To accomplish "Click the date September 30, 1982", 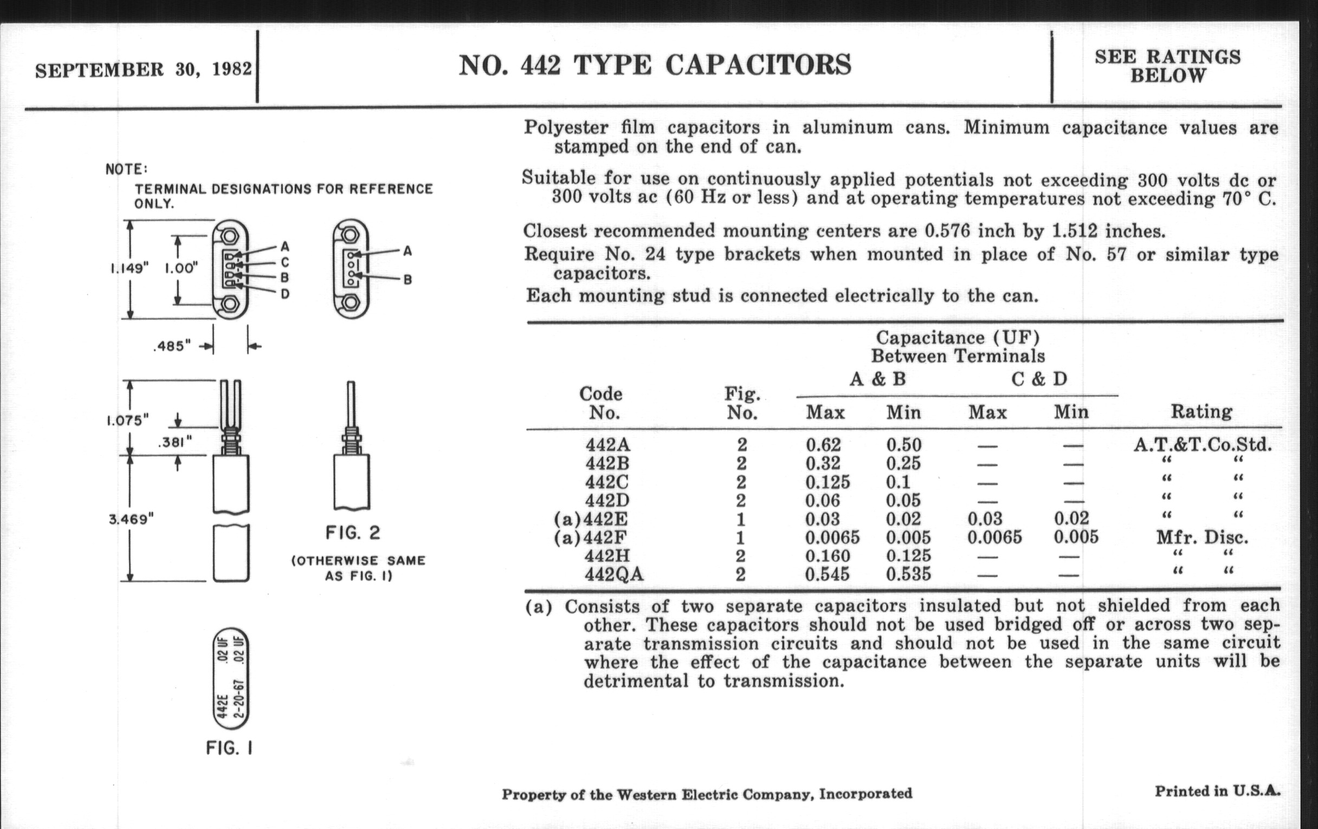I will tap(144, 69).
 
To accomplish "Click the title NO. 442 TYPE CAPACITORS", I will tap(655, 65).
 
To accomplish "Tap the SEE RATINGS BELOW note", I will tap(1167, 66).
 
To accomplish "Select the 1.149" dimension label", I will tap(129, 269).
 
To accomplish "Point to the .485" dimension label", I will tap(172, 346).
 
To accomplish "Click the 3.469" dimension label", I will tap(131, 518).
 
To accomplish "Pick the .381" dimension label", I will tap(175, 442).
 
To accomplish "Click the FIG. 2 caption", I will tap(352, 533).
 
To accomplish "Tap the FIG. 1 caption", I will tap(229, 748).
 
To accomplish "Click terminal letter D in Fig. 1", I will tap(285, 294).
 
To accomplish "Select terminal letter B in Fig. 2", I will tap(407, 280).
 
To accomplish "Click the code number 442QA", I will tap(613, 574).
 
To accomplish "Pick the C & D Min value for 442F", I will tap(1076, 537).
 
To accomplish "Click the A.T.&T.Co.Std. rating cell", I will tap(1202, 445).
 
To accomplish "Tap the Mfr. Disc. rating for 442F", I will tap(1202, 537).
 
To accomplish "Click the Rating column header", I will tap(1201, 411).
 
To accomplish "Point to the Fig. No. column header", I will tap(742, 403).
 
